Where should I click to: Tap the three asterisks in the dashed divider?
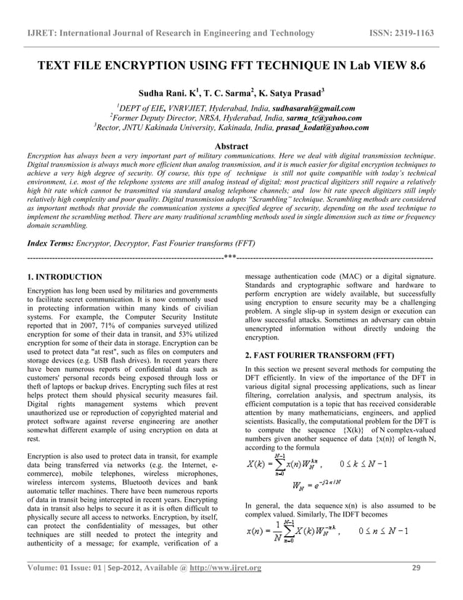coord(230,256)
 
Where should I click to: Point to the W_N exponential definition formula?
coord(316,486)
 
